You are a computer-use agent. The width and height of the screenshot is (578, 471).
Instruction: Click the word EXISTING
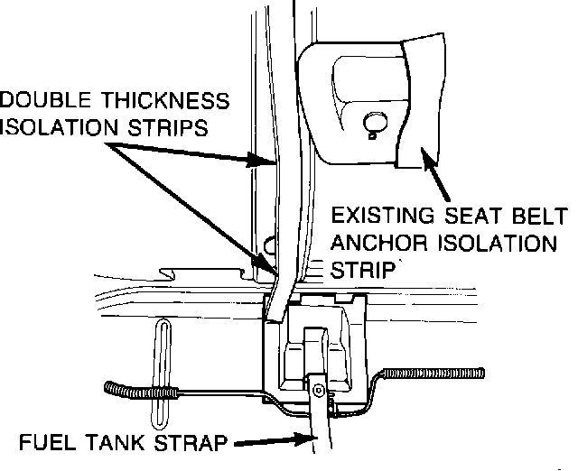[x=376, y=217]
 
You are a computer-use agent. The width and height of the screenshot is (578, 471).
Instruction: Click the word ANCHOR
[x=370, y=244]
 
